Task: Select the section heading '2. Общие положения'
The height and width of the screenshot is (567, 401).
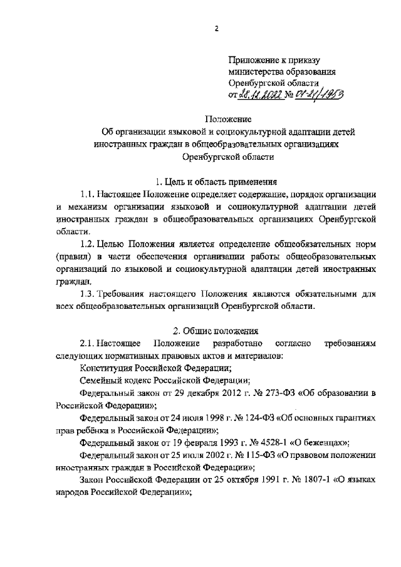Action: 216,330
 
